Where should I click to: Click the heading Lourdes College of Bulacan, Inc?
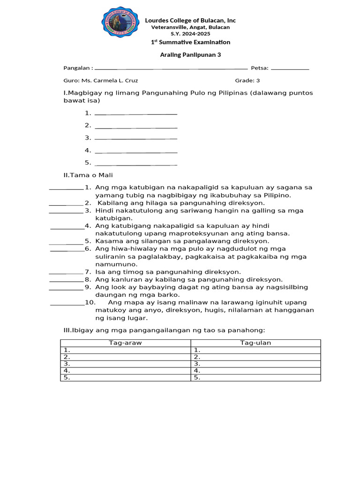(190, 20)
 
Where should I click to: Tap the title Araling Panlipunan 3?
(190, 54)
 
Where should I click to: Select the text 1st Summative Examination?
(190, 42)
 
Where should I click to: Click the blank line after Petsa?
(290, 68)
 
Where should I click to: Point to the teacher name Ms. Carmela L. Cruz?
(110, 80)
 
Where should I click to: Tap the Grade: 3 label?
(247, 80)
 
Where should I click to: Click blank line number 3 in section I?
(136, 138)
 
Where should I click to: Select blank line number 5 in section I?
(136, 163)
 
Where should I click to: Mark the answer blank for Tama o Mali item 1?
(66, 188)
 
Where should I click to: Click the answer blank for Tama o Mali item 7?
(66, 272)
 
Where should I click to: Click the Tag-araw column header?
(125, 343)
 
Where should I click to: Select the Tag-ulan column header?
(255, 343)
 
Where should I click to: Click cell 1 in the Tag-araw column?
(125, 350)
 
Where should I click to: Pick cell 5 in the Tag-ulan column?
(255, 377)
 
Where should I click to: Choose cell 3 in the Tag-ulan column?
(255, 363)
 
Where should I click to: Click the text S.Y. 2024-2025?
(190, 34)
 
